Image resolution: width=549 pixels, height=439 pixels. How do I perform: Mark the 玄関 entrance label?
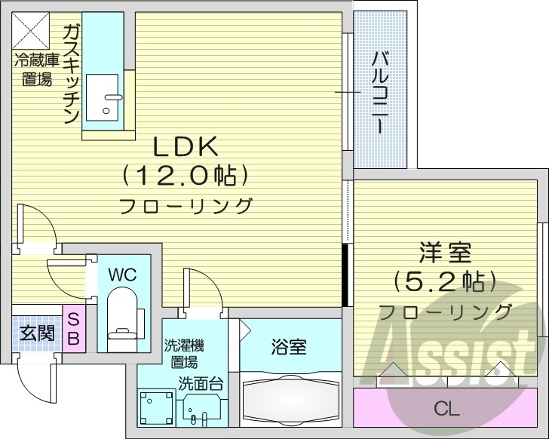[x=35, y=333]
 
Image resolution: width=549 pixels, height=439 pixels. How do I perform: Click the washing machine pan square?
[x=157, y=408]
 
